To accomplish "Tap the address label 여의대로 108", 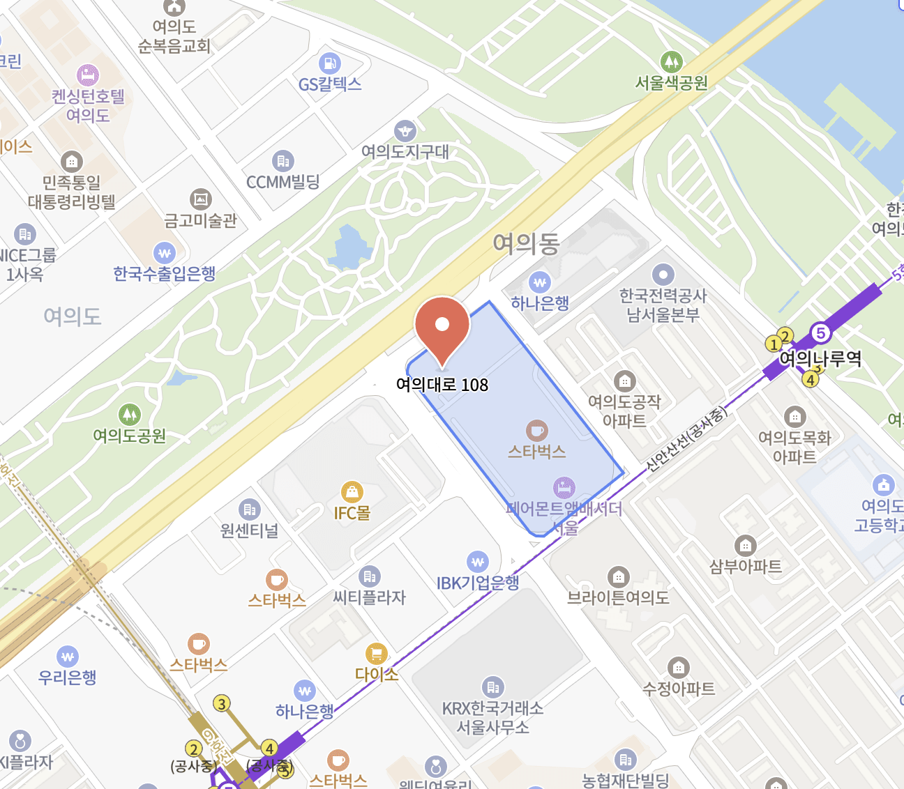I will [x=442, y=385].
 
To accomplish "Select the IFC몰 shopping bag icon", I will [x=352, y=492].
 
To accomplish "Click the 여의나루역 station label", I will [x=820, y=359].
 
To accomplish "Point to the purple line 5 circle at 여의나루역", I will [x=821, y=333].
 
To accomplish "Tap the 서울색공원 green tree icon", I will [x=671, y=62].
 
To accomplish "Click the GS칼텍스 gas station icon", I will [x=330, y=63].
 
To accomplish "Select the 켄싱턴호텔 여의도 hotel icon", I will [x=88, y=75].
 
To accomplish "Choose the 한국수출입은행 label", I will [x=165, y=274].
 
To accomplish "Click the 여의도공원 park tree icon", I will [x=130, y=415].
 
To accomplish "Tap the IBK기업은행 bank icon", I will [x=478, y=562].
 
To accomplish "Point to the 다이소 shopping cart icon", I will [x=377, y=654].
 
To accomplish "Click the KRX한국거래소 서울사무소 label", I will [x=492, y=718].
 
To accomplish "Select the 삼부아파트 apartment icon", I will [x=746, y=546].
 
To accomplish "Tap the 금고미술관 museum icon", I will [x=201, y=200].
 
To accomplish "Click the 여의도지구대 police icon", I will [x=405, y=131].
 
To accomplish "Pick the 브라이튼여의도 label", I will [x=618, y=597].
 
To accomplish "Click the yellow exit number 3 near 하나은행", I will [x=222, y=704].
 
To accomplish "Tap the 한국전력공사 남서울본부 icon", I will [x=663, y=275].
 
